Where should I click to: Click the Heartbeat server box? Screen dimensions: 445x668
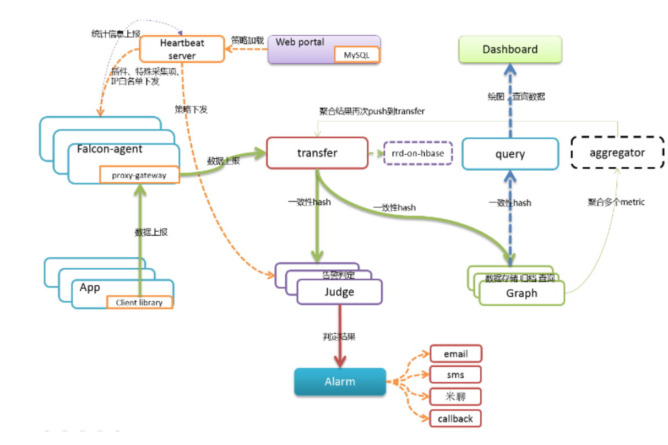[182, 49]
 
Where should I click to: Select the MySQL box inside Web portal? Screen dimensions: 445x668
[356, 55]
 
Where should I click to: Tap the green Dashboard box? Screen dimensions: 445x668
[510, 50]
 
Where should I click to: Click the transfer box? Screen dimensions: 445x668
[317, 153]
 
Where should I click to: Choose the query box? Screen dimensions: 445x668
[510, 154]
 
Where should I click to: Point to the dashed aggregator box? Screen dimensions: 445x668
[617, 153]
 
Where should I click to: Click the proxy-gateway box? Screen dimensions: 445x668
[139, 176]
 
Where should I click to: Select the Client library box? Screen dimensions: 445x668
[139, 302]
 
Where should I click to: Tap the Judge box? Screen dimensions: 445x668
[339, 292]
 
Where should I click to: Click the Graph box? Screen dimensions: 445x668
[522, 294]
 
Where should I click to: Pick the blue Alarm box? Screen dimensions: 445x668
[340, 382]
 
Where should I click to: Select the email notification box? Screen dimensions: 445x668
[455, 354]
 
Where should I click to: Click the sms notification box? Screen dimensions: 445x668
[455, 375]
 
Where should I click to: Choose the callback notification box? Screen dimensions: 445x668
[455, 419]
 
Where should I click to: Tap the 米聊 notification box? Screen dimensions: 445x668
[455, 397]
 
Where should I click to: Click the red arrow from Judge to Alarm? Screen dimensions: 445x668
[340, 336]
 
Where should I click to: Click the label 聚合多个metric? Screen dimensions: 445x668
[616, 202]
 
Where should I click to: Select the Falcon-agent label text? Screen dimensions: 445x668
[110, 149]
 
